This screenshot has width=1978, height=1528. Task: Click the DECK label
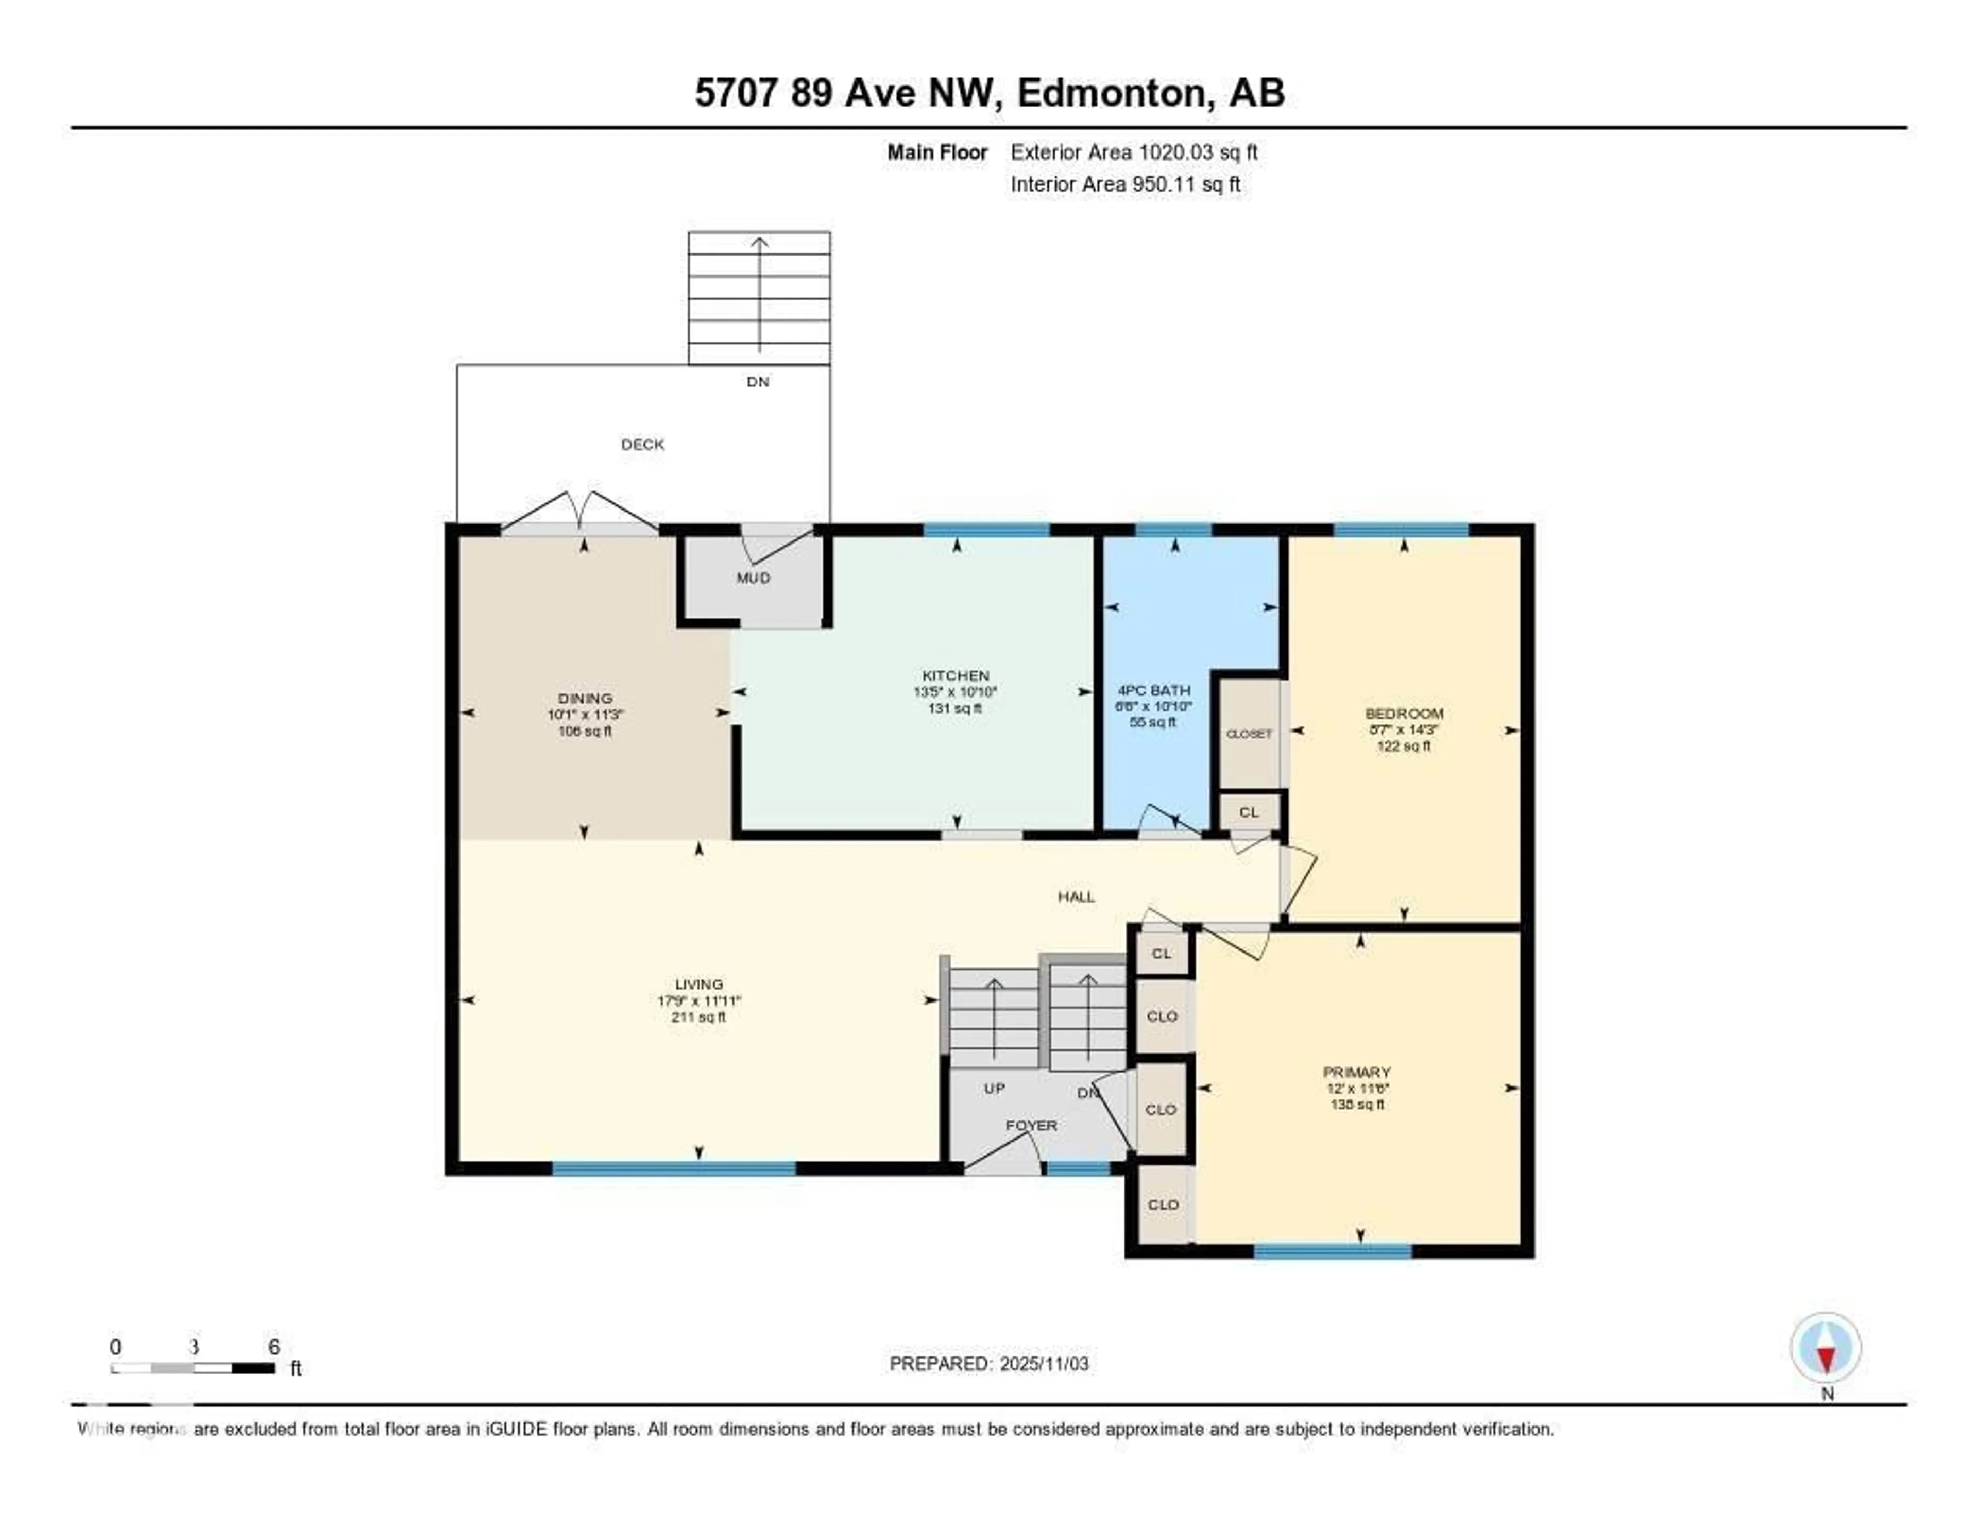tap(642, 444)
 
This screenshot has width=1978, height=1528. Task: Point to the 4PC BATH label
tap(1154, 690)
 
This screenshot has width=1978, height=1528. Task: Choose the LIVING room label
tap(698, 983)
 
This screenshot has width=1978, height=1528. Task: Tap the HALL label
tap(1076, 897)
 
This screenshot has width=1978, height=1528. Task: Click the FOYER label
tap(1031, 1125)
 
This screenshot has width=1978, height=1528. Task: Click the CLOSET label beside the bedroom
tap(1249, 734)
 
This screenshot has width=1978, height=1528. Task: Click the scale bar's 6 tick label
tap(274, 1347)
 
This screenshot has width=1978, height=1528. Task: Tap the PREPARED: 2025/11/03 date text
tap(989, 1363)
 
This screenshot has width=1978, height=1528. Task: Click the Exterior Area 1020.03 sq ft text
tap(1134, 152)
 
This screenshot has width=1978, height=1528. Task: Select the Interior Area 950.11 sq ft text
tap(1125, 184)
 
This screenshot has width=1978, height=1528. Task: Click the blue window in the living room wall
tap(674, 1168)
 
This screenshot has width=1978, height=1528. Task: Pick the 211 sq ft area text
tap(698, 1017)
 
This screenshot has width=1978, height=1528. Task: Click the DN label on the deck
tap(758, 381)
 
